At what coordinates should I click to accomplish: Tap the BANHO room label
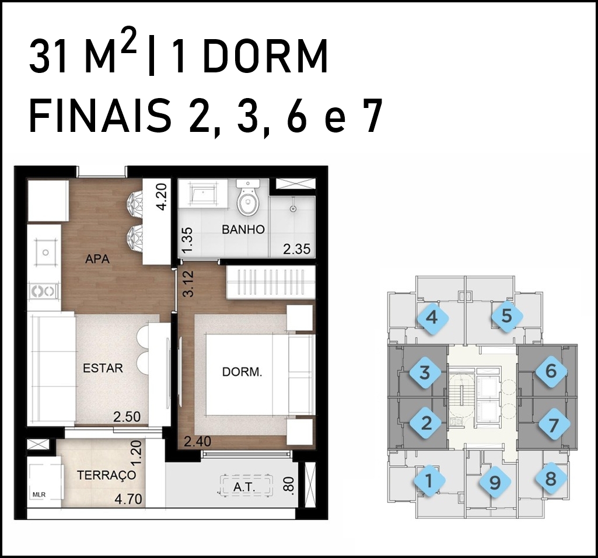coord(243,229)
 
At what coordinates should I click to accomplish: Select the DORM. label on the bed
coord(242,372)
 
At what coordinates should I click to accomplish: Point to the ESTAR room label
coord(103,368)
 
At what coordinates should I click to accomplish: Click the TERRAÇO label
coord(106,475)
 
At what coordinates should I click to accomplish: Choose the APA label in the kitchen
coord(97,259)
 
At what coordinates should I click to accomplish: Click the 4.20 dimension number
coord(162,197)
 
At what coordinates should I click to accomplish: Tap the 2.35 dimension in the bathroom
coord(297,249)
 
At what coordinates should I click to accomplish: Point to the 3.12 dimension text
coord(188,284)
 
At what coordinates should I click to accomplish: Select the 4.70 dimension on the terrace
coord(128,499)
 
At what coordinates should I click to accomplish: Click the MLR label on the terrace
coord(39,494)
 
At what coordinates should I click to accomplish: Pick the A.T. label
coord(244,487)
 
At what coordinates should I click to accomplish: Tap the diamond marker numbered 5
coord(506,316)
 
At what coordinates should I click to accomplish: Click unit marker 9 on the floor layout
coord(495,483)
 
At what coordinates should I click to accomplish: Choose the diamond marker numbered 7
coord(554,425)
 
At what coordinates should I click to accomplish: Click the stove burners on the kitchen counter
coord(45,291)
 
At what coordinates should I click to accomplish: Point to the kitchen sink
coord(46,252)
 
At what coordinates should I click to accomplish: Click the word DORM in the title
coord(265,57)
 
